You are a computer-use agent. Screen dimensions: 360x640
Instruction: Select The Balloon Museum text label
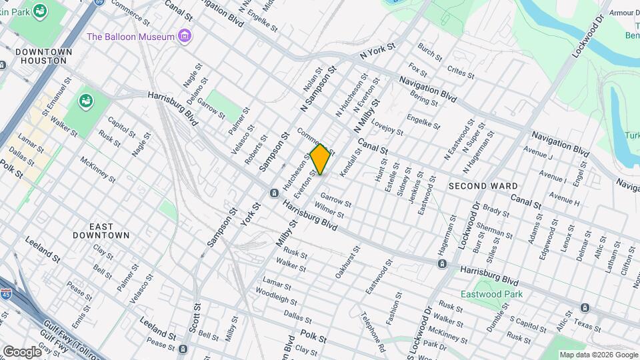coord(130,37)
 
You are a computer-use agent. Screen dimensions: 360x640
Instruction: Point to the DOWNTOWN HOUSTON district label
coord(41,56)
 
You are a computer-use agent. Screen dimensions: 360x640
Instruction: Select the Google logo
coord(21,351)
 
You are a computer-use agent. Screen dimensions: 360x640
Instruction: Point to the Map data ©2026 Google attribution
coord(598,355)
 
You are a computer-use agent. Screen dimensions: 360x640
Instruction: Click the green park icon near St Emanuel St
coord(86,101)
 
